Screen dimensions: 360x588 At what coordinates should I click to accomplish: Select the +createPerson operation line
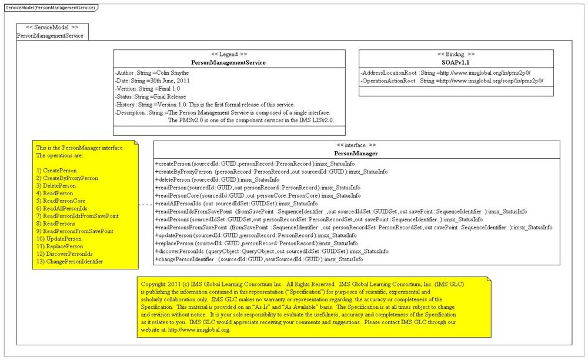pyautogui.click(x=254, y=164)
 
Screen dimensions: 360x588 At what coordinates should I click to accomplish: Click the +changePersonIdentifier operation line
pyautogui.click(x=259, y=259)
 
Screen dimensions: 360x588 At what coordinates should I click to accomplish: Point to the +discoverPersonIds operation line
pyautogui.click(x=271, y=251)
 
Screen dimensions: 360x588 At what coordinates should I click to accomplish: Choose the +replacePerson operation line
pyautogui.click(x=256, y=243)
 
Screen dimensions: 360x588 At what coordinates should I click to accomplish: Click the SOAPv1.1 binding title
pyautogui.click(x=456, y=62)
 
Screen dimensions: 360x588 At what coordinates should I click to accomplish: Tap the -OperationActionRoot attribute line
pyautogui.click(x=452, y=81)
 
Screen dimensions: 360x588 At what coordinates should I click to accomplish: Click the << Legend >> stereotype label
pyautogui.click(x=229, y=54)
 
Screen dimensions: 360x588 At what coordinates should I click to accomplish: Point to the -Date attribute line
pyautogui.click(x=152, y=81)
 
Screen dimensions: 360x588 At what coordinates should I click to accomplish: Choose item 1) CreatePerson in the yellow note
pyautogui.click(x=56, y=170)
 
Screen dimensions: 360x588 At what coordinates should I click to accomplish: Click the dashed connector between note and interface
pyautogui.click(x=145, y=204)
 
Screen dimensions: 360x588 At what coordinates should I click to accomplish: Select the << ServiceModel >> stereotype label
pyautogui.click(x=52, y=27)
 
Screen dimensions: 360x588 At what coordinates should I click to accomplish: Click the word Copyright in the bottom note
pyautogui.click(x=153, y=284)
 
